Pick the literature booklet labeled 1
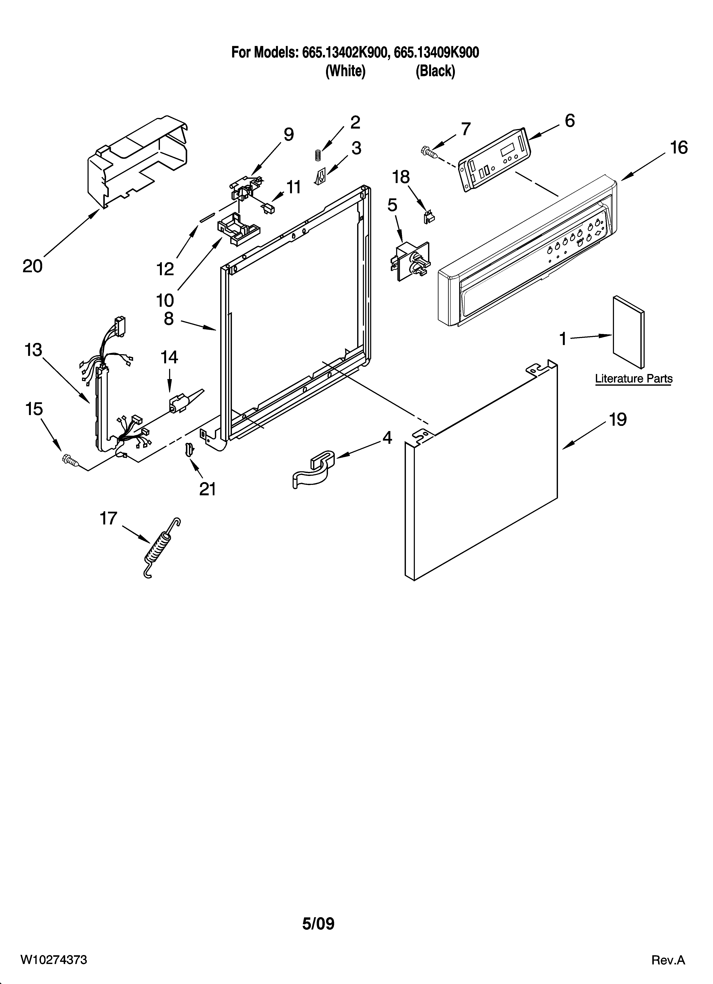click(x=628, y=331)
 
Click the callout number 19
click(x=617, y=420)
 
